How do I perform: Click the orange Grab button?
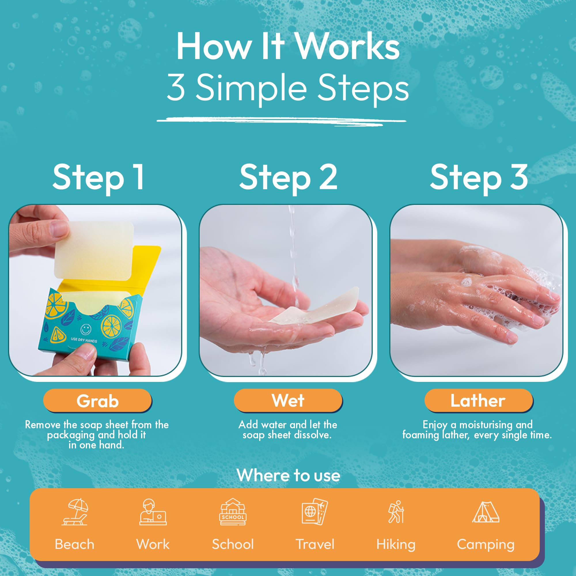click(x=98, y=401)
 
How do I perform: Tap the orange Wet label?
click(x=288, y=400)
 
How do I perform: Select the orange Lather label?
click(x=478, y=400)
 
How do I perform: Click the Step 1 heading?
click(x=98, y=178)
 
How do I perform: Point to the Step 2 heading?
click(x=288, y=178)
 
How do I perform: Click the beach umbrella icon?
click(x=75, y=512)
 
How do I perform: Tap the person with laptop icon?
click(x=153, y=512)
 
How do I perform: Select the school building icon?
click(x=233, y=511)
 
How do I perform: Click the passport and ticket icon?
click(x=315, y=511)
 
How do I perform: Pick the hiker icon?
click(x=396, y=512)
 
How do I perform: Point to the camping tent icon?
click(x=486, y=512)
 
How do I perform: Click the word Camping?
click(x=486, y=544)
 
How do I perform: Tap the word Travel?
click(x=315, y=544)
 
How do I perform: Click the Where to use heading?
click(x=288, y=475)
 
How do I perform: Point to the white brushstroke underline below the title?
click(x=281, y=121)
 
